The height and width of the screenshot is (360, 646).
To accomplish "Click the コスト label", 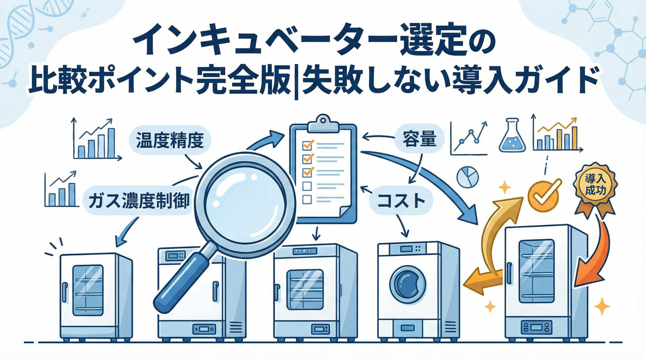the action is click(401, 201).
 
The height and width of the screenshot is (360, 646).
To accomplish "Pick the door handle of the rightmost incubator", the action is click(510, 273).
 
